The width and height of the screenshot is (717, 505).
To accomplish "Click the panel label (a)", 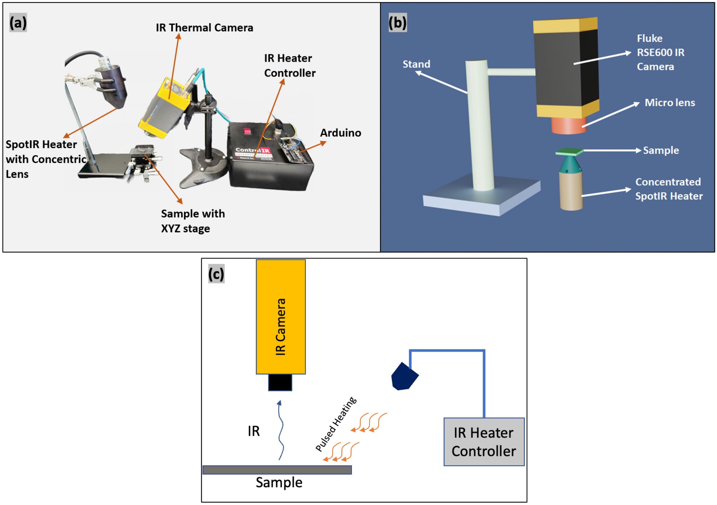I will (x=18, y=23).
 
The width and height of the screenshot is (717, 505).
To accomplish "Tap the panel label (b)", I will (x=397, y=23).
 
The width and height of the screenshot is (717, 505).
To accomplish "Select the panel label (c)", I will (x=216, y=274).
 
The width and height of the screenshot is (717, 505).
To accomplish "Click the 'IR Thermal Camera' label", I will (x=204, y=28).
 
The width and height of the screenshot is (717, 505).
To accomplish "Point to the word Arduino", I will (x=340, y=133).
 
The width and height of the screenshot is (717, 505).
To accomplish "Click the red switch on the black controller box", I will (x=247, y=131).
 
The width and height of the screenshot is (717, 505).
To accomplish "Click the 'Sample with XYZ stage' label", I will (x=193, y=221).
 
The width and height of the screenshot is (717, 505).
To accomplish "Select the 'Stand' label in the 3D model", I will (x=416, y=64).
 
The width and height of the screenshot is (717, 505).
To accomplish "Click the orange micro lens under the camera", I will (x=568, y=125).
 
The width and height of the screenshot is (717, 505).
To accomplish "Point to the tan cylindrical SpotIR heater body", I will (x=571, y=191).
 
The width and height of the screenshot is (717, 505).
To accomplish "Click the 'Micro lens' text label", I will (x=669, y=103).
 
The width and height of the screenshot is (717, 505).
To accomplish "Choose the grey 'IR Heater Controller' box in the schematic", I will (x=484, y=442).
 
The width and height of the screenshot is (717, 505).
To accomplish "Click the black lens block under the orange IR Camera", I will (x=280, y=382).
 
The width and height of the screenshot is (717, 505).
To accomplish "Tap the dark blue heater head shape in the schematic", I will (x=404, y=377).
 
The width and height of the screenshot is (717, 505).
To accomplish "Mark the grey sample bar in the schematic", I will (x=277, y=470).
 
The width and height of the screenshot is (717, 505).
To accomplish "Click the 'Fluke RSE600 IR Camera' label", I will (x=660, y=52).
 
